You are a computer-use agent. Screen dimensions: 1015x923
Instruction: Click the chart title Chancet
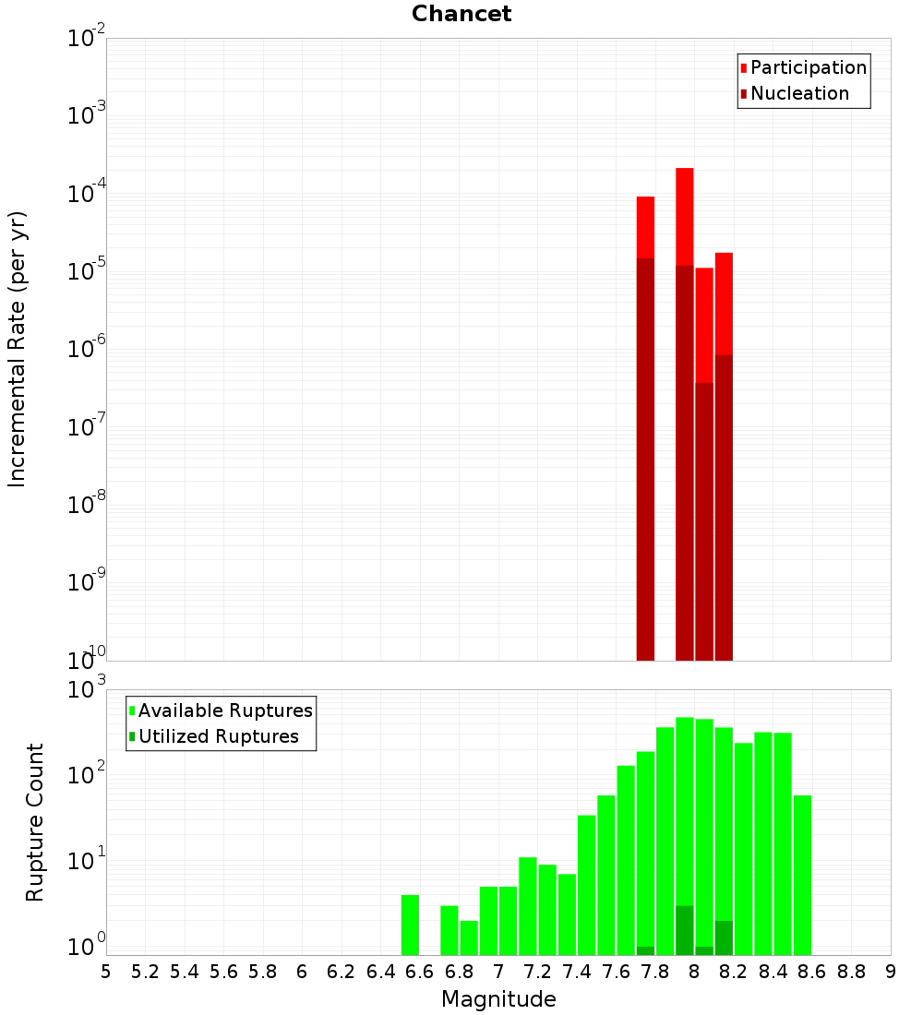(x=461, y=14)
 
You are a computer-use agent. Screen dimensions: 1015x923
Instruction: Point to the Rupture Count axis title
(x=35, y=822)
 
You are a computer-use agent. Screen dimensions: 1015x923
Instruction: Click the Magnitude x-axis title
(x=498, y=999)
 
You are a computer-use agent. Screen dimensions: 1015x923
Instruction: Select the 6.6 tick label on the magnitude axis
(x=420, y=972)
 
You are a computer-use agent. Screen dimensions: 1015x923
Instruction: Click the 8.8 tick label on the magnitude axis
(x=851, y=972)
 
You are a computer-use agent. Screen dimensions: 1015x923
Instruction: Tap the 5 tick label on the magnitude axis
(x=106, y=972)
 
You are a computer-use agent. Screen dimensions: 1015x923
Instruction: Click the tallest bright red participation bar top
(x=684, y=171)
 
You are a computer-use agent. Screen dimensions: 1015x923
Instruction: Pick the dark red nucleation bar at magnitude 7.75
(x=645, y=461)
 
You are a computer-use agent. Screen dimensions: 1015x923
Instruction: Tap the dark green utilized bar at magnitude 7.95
(x=684, y=930)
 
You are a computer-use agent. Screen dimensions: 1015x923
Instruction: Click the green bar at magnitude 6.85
(x=469, y=937)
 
